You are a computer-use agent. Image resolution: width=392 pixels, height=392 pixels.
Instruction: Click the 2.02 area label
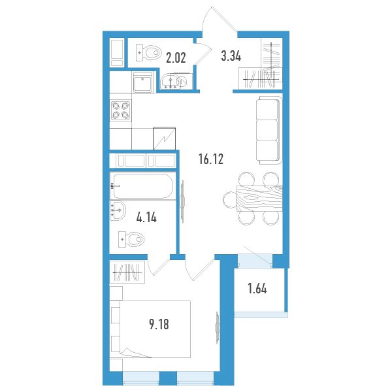tap(176, 57)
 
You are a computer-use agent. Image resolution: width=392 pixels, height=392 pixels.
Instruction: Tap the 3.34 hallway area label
tap(231, 56)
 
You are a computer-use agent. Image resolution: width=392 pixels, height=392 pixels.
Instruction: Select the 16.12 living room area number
tap(211, 159)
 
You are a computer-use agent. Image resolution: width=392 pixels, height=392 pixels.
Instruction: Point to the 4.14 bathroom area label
tap(146, 218)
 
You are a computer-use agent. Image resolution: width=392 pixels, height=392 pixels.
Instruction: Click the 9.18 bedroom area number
tap(159, 325)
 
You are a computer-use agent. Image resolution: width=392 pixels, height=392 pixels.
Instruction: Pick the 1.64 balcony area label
tap(257, 289)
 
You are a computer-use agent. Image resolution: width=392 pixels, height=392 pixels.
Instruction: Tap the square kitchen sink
tap(142, 82)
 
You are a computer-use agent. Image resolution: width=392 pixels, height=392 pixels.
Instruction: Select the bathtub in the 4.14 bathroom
tap(143, 186)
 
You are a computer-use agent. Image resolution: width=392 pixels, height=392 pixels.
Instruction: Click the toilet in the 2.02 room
tap(148, 53)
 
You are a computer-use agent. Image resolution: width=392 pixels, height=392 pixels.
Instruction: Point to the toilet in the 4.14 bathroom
tap(131, 239)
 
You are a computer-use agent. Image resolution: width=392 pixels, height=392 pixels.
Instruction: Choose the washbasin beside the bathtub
tap(118, 210)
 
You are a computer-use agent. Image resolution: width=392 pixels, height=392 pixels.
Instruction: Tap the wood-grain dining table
tap(259, 199)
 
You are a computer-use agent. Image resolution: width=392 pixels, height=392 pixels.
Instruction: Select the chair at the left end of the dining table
tap(229, 199)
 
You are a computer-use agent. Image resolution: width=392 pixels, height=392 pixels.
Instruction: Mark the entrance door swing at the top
tap(220, 20)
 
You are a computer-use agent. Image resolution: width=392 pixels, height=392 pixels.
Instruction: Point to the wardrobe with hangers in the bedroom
tap(127, 272)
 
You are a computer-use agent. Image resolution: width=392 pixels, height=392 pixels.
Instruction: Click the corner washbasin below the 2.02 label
tap(171, 82)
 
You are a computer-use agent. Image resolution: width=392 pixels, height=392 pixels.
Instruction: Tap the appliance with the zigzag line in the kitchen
tap(164, 139)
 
